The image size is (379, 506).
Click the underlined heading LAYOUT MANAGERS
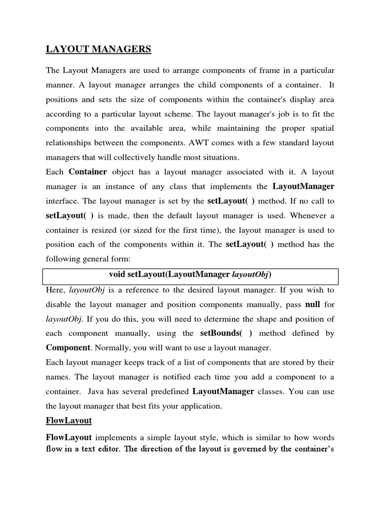pos(98,49)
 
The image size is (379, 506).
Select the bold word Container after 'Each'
pos(88,172)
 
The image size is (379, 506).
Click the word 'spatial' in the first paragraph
pos(321,128)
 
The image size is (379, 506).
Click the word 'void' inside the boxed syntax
pos(117,274)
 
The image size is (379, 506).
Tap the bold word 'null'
pos(313,304)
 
